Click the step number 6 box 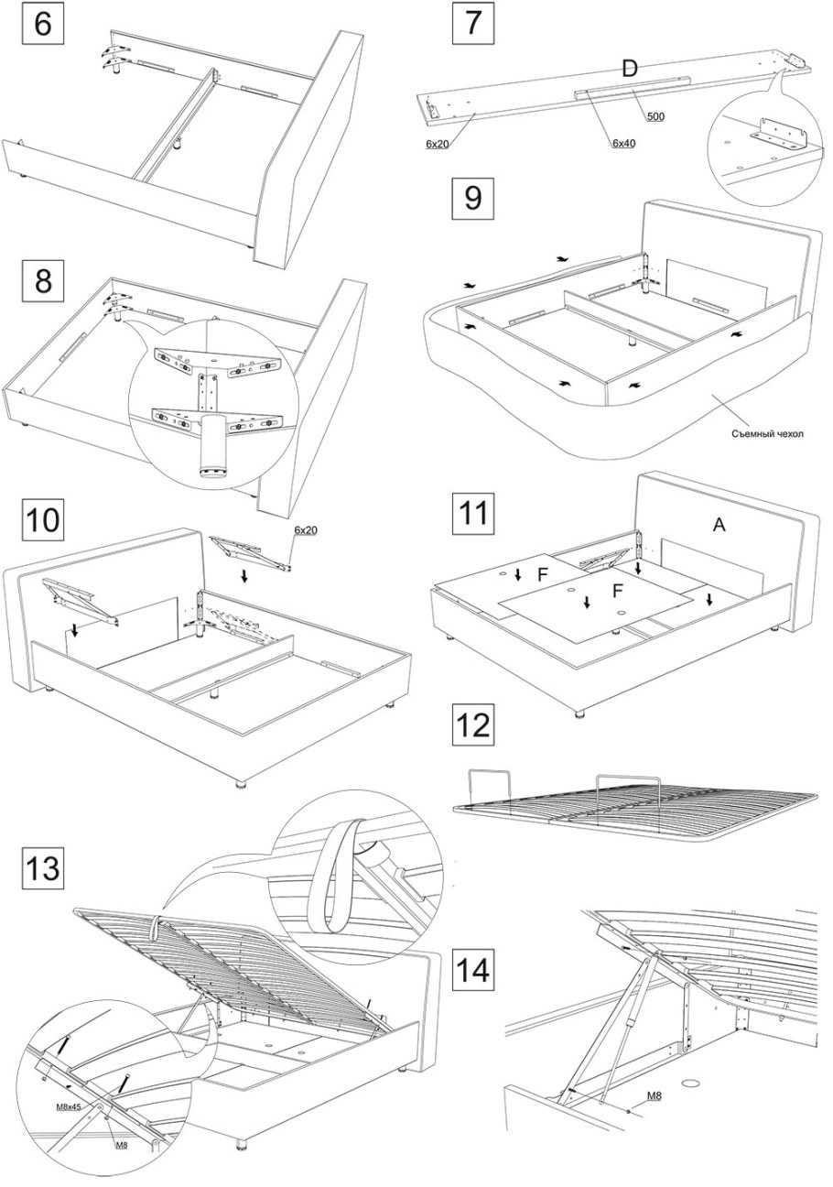[x=43, y=23]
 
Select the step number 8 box [x=43, y=280]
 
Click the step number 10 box [x=43, y=519]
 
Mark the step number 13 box [x=43, y=866]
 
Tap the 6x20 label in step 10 [x=305, y=530]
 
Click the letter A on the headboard [x=719, y=524]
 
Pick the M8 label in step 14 [x=654, y=1095]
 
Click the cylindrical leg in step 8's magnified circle [x=211, y=444]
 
